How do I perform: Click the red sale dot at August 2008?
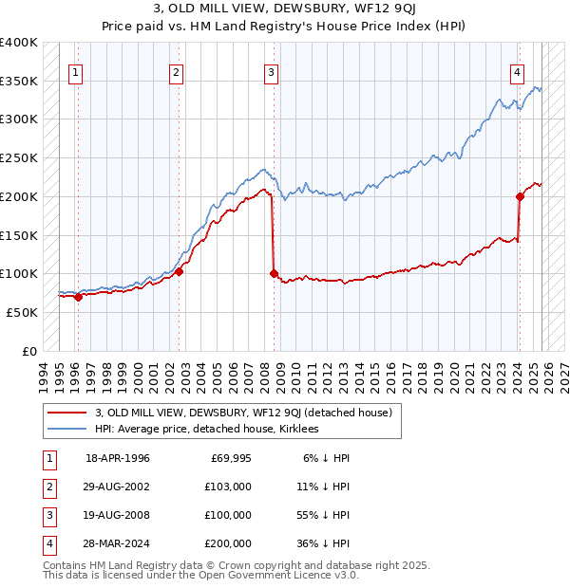(275, 274)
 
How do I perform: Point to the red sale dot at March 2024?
(521, 197)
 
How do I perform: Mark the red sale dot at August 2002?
(180, 271)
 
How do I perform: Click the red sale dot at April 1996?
(78, 297)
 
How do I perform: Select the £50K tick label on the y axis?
(22, 312)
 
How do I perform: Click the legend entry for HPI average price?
(206, 429)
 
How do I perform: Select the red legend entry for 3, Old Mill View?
(249, 412)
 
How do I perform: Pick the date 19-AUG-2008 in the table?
(118, 515)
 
